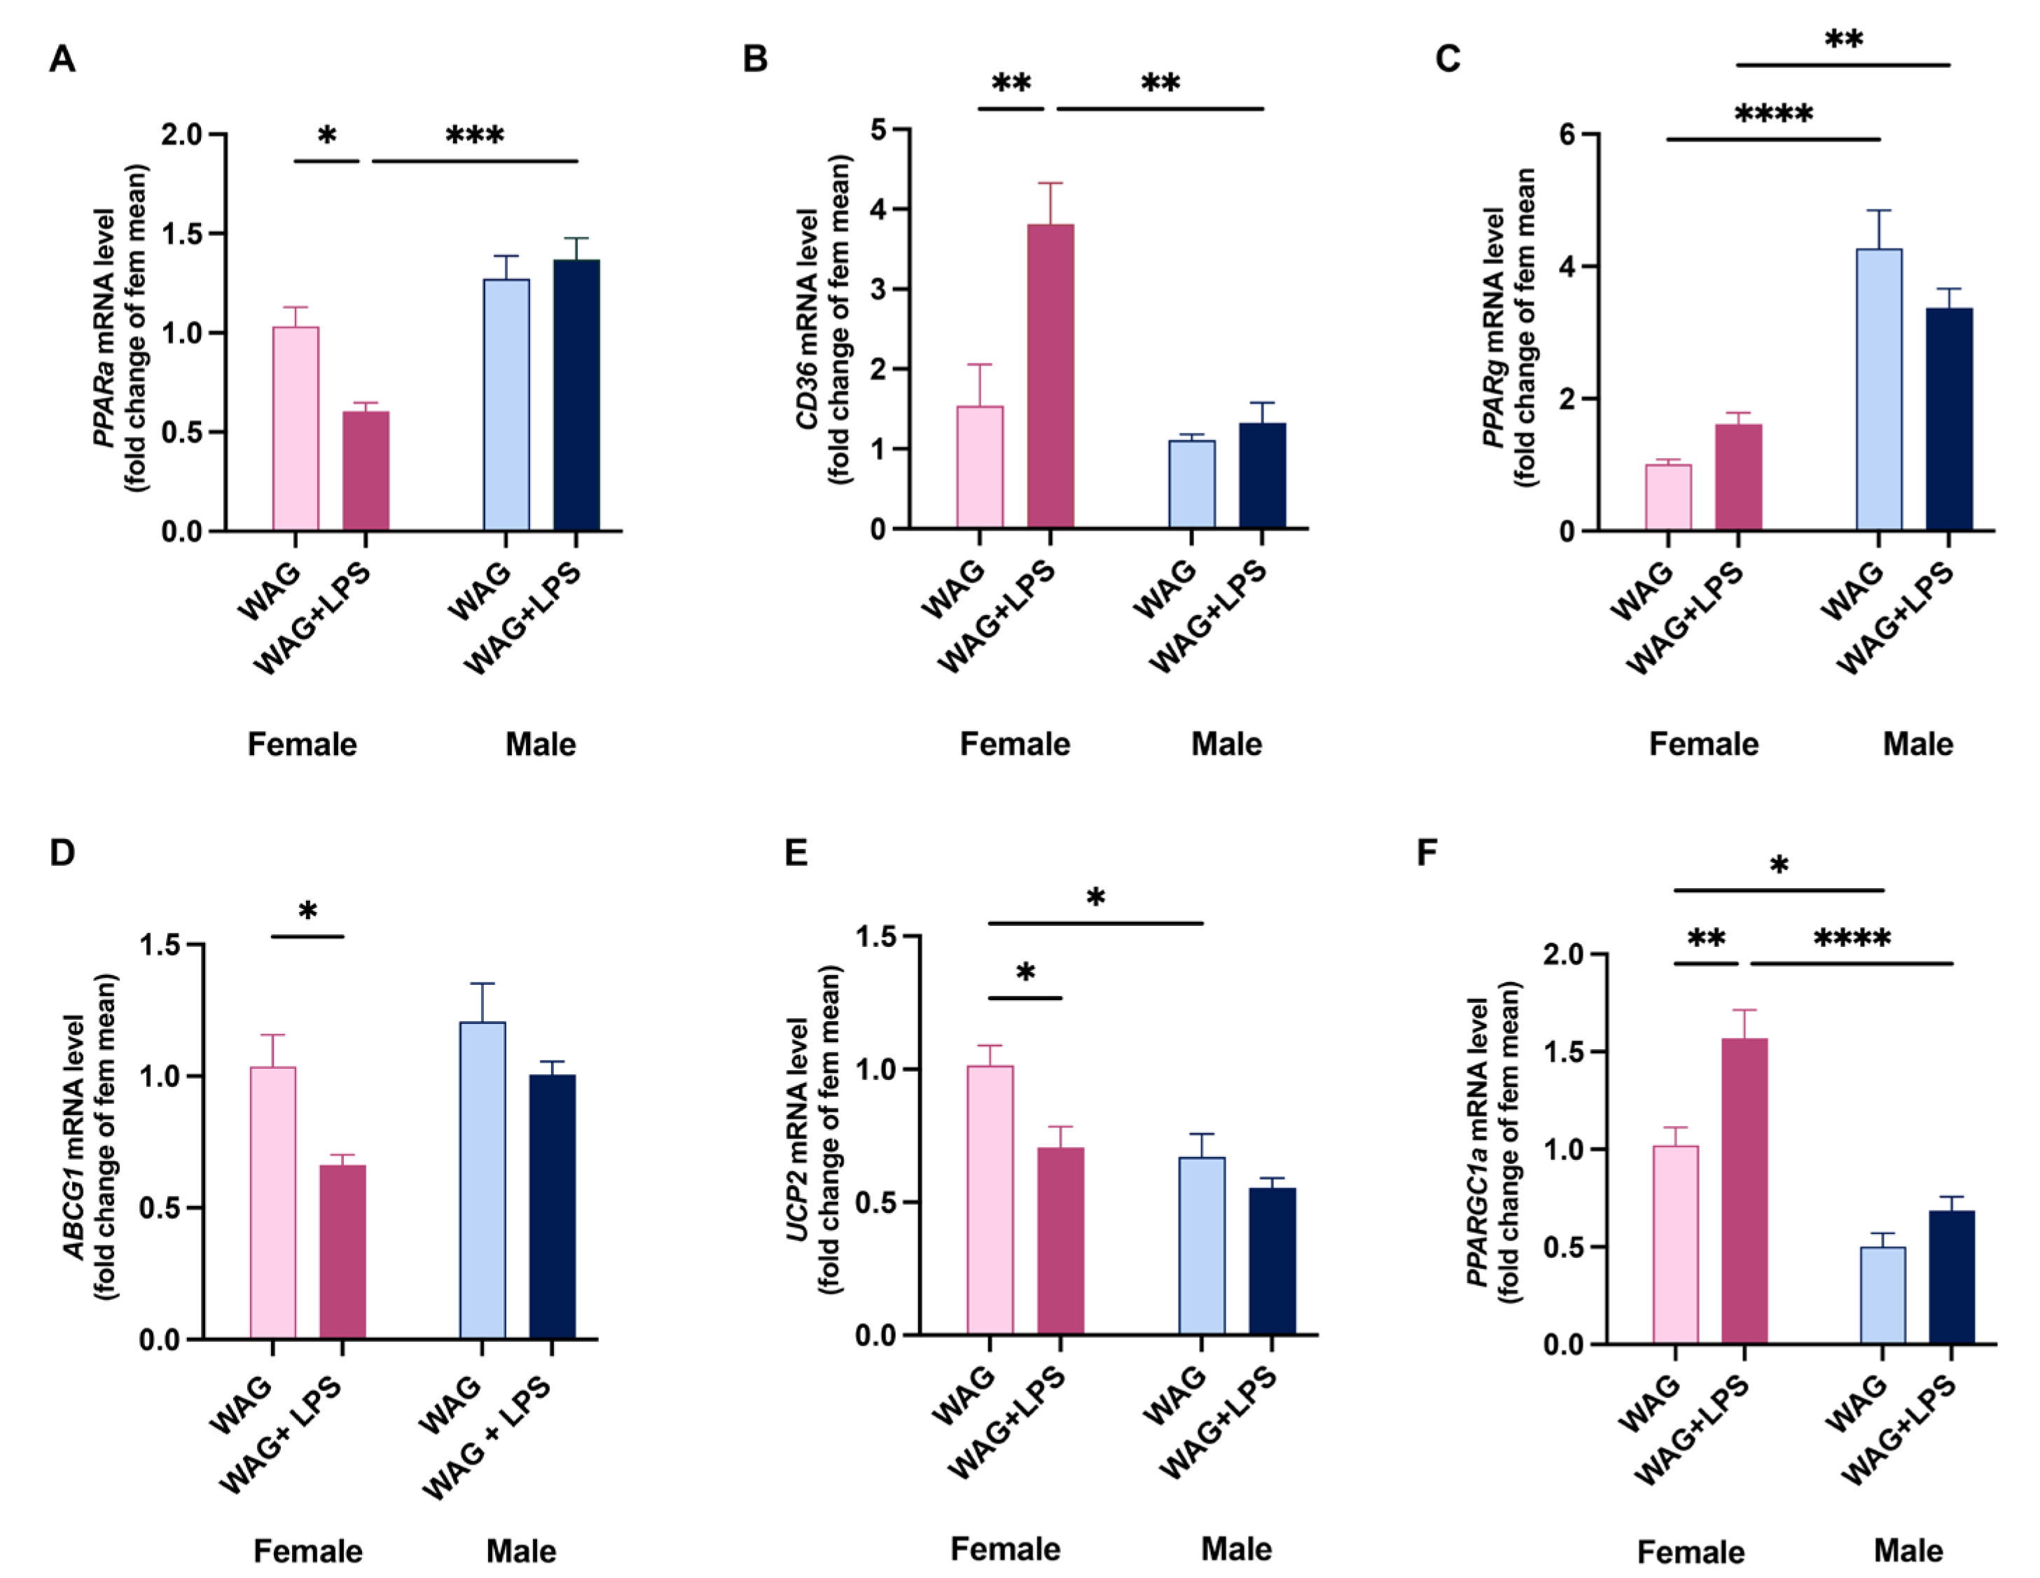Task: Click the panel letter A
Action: click(62, 59)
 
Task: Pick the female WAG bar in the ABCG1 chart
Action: click(272, 1203)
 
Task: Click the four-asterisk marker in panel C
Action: click(1773, 115)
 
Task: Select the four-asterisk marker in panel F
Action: click(1852, 938)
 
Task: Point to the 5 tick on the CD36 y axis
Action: click(878, 130)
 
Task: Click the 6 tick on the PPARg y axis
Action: click(1567, 134)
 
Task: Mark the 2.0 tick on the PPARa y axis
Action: click(181, 134)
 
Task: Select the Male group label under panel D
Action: click(520, 1551)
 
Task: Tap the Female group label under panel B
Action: click(1014, 744)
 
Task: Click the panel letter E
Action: click(796, 852)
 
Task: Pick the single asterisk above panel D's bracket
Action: click(307, 911)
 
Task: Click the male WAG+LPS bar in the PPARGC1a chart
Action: click(1951, 1276)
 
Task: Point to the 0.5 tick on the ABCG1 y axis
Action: click(160, 1208)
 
